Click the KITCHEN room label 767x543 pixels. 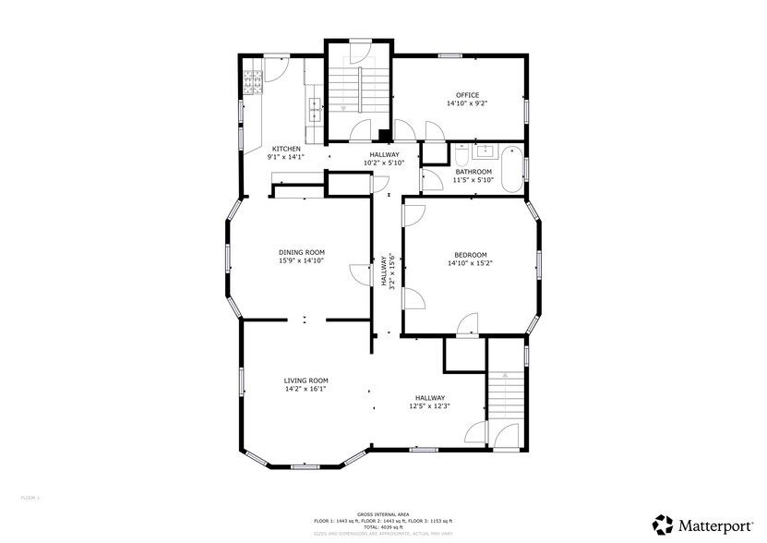tap(285, 149)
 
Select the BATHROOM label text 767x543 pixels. tap(473, 171)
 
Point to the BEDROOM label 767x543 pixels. tap(470, 255)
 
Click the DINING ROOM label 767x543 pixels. tap(302, 251)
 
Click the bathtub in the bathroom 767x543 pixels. tap(510, 169)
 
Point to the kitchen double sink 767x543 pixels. tap(315, 109)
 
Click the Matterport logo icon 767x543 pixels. tap(663, 524)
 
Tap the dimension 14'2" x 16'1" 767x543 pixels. tap(306, 389)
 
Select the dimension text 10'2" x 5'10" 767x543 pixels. tap(385, 163)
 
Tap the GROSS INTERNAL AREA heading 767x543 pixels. tap(383, 514)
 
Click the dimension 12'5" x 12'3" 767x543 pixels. tap(429, 406)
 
